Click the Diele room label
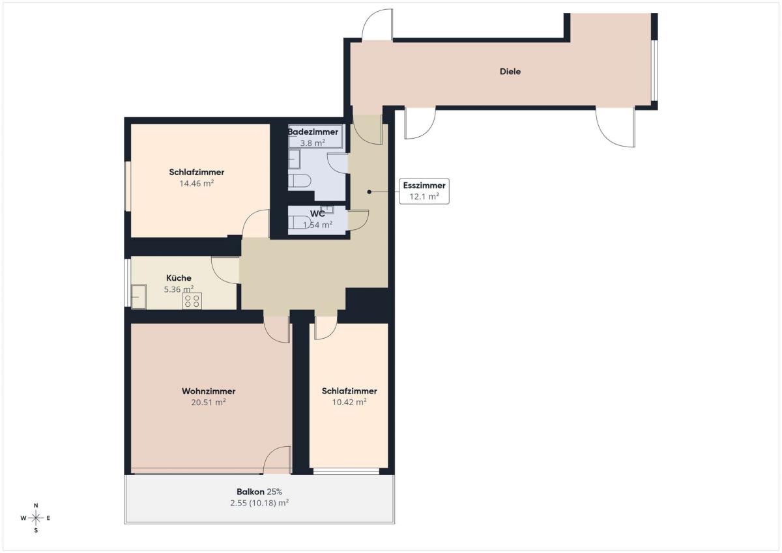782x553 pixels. click(x=510, y=72)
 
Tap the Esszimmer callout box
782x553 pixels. click(x=424, y=191)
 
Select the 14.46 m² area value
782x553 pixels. click(x=197, y=184)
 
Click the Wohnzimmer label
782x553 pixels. click(x=209, y=391)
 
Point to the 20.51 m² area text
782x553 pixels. click(x=209, y=403)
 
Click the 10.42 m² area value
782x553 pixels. click(x=349, y=402)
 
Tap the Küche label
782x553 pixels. click(x=179, y=278)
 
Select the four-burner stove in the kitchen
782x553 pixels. click(x=192, y=301)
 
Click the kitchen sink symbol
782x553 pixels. click(x=139, y=296)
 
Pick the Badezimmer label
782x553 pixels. click(x=313, y=132)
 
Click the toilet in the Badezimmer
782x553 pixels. click(x=300, y=181)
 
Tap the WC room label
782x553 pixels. click(x=317, y=214)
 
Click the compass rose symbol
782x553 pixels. click(x=36, y=518)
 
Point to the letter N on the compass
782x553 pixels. click(x=36, y=505)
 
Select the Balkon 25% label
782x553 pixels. click(x=259, y=492)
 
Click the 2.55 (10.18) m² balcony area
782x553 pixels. click(x=259, y=503)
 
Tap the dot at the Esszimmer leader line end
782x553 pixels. click(x=369, y=191)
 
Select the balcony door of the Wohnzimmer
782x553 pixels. click(x=277, y=460)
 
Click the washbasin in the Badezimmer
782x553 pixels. click(x=295, y=159)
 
